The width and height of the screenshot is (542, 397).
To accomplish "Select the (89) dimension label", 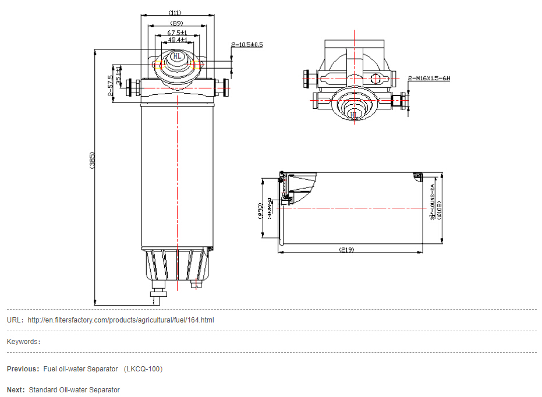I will pyautogui.click(x=176, y=23).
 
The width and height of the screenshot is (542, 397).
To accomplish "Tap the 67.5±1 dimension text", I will pyautogui.click(x=176, y=33).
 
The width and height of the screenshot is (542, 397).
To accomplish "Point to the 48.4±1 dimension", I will pyautogui.click(x=176, y=40).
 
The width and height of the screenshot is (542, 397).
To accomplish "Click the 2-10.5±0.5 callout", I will pyautogui.click(x=247, y=44).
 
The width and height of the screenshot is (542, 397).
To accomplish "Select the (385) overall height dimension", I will pyautogui.click(x=92, y=161).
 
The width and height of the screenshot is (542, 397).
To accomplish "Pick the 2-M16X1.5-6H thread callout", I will pyautogui.click(x=429, y=78).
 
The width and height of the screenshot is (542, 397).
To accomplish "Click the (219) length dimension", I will pyautogui.click(x=346, y=250).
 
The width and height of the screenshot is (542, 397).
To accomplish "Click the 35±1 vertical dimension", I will pyautogui.click(x=119, y=76).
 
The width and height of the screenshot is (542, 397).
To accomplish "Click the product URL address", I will pyautogui.click(x=121, y=320).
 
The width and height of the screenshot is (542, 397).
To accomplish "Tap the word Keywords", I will pyautogui.click(x=22, y=342).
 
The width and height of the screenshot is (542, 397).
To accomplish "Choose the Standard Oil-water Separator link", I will pyautogui.click(x=74, y=390).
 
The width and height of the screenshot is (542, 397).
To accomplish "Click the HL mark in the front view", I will pyautogui.click(x=177, y=56).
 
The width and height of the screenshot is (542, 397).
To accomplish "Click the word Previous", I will pyautogui.click(x=22, y=369).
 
